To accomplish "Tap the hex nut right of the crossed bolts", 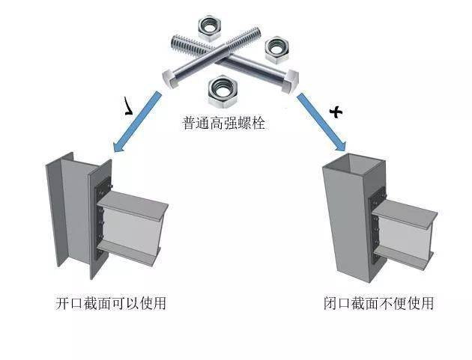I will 276,49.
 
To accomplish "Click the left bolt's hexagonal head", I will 172,76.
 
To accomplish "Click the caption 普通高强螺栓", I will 224,123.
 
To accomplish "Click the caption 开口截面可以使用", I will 110,304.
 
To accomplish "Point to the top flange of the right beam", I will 405,214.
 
